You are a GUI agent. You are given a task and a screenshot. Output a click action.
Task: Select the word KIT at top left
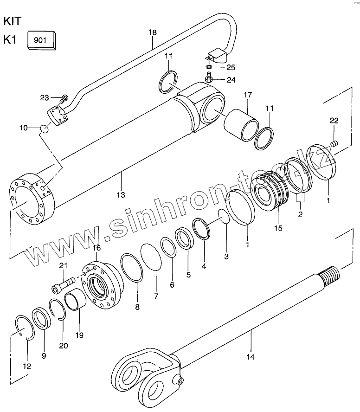(13, 21)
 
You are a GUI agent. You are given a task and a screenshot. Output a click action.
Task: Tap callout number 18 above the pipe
(153, 32)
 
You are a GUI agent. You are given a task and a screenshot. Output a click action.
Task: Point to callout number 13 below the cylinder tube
(121, 195)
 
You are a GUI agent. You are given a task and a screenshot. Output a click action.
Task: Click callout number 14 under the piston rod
(251, 357)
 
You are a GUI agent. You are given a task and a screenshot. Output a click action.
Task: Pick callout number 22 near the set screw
(334, 121)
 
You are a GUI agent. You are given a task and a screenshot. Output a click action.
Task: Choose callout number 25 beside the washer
(231, 67)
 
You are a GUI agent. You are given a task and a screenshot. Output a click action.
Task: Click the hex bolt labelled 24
(209, 78)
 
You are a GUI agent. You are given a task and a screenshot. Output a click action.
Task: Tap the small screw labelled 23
(64, 97)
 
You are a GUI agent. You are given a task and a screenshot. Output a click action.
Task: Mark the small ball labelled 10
(44, 128)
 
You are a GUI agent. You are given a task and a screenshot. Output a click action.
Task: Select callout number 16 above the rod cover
(96, 248)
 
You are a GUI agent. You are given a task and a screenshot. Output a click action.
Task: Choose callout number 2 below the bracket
(300, 215)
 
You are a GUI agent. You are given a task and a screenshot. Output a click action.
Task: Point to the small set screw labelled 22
(334, 142)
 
